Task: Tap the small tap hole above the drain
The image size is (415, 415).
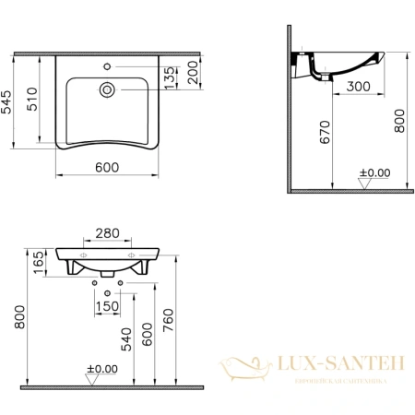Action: pyautogui.click(x=109, y=67)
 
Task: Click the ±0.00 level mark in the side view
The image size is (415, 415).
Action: pyautogui.click(x=374, y=172)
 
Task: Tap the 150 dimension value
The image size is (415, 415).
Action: pyautogui.click(x=109, y=306)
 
